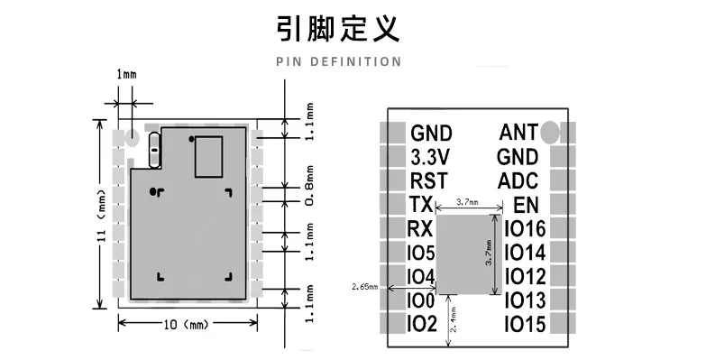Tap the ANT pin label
point(518,134)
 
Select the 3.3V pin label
point(430,157)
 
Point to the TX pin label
point(420,205)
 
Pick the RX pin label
point(421,228)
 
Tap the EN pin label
point(525,205)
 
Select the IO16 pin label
point(524,229)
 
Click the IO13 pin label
point(524,300)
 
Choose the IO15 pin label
point(524,323)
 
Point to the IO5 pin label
point(422,253)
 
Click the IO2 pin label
point(422,323)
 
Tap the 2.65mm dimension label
point(362,288)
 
